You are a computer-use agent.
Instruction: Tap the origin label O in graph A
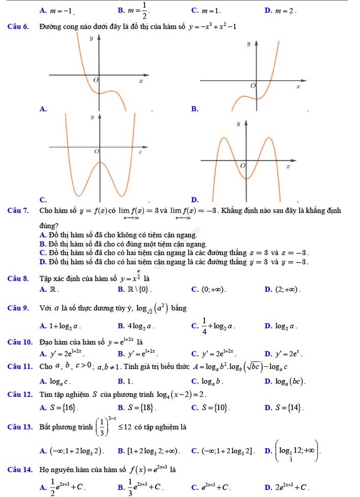(x=95, y=81)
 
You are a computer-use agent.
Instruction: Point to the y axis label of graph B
(x=249, y=43)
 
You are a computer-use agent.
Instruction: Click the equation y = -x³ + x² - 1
(x=212, y=28)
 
